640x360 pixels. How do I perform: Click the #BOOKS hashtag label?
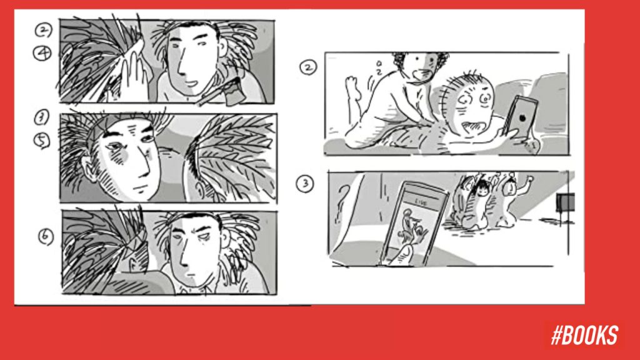584,336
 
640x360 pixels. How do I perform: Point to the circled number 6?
47,237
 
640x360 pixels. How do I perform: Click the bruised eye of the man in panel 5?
116,152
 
